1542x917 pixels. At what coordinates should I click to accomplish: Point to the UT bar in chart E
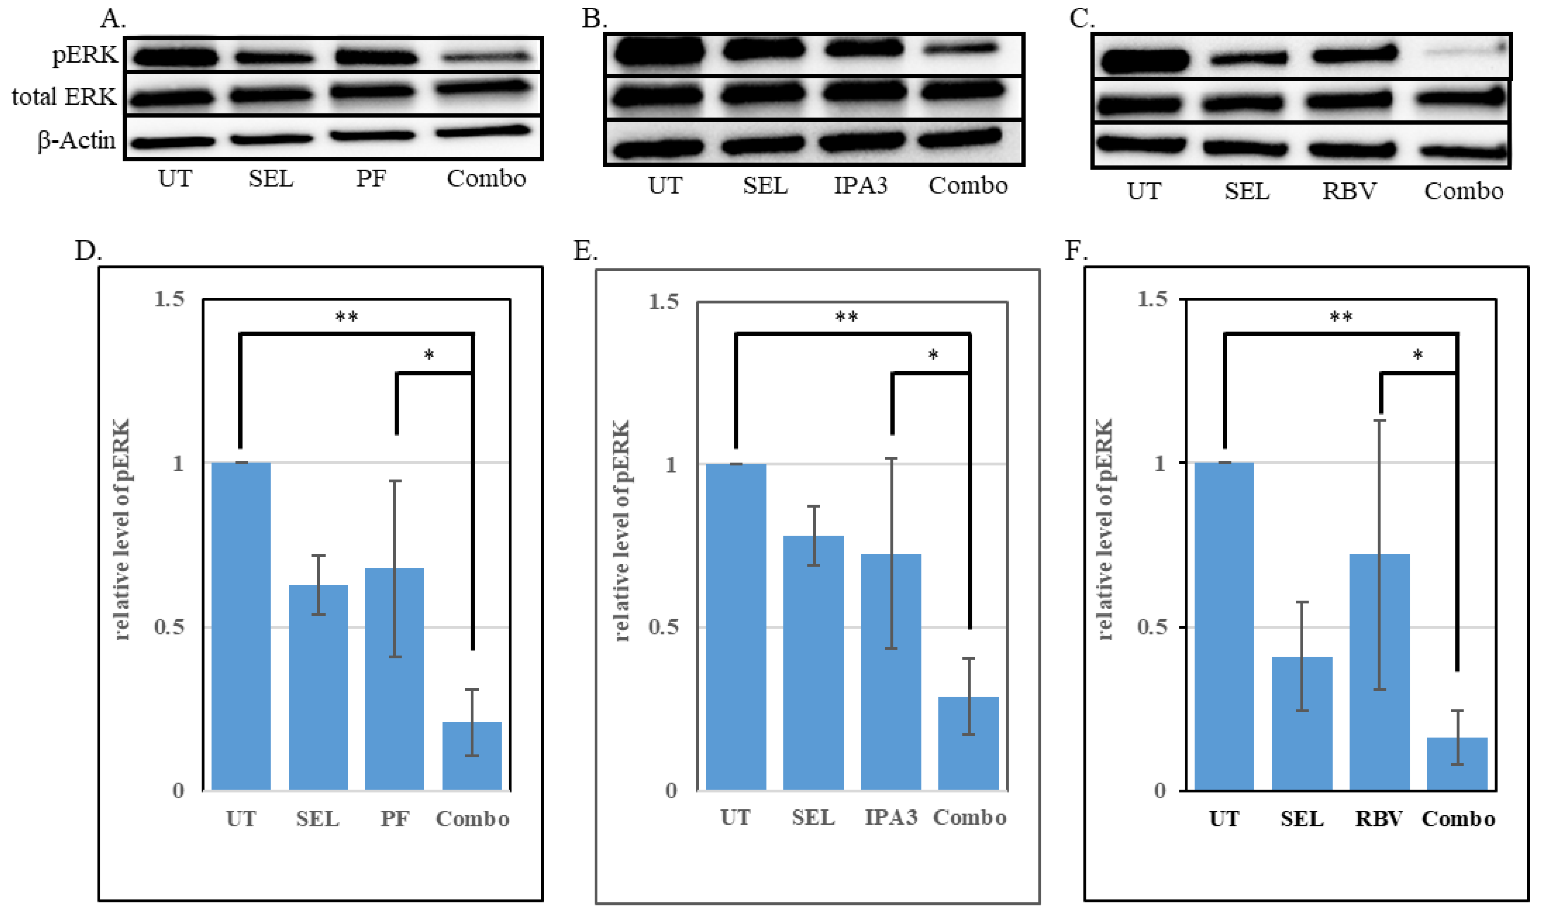click(735, 627)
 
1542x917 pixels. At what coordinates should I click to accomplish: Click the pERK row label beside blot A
click(85, 55)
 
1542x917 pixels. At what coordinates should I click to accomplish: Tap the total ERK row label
click(64, 96)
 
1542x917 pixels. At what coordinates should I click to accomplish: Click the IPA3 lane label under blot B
click(860, 185)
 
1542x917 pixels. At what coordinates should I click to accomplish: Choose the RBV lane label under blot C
click(1349, 191)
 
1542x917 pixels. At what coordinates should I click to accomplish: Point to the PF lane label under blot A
click(371, 179)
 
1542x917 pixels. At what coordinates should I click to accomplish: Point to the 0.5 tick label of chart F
click(1152, 627)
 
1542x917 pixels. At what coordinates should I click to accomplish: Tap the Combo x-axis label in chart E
click(969, 817)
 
